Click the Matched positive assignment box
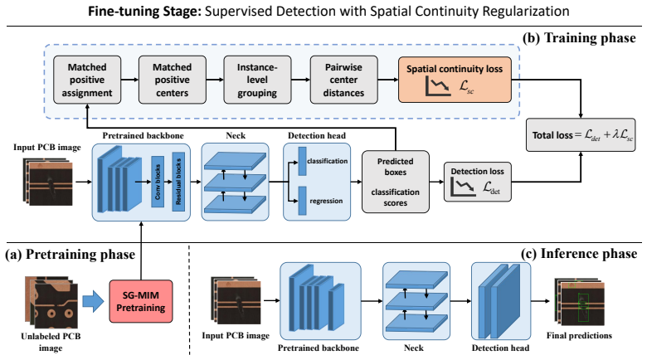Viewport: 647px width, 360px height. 87,80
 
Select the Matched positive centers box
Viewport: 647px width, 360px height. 172,80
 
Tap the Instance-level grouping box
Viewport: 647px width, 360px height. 257,80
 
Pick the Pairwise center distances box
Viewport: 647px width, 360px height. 343,80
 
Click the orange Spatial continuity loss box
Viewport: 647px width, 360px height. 455,80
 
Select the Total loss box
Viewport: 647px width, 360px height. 581,135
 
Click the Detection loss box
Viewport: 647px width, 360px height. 478,182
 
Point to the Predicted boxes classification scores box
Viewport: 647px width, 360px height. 396,182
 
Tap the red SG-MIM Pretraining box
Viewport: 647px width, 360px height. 141,301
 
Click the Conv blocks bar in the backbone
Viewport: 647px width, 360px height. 158,182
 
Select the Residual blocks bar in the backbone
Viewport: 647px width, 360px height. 178,182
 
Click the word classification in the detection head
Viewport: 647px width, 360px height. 327,161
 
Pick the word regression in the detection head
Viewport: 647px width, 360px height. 326,201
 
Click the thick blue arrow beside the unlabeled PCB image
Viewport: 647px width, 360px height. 93,301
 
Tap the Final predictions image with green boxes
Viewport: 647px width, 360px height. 580,304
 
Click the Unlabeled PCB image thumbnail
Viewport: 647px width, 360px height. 51,302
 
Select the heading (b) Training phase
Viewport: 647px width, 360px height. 579,38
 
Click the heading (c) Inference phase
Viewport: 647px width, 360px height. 578,254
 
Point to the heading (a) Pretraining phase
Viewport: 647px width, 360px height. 70,255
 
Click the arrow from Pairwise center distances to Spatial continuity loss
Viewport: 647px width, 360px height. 388,80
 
